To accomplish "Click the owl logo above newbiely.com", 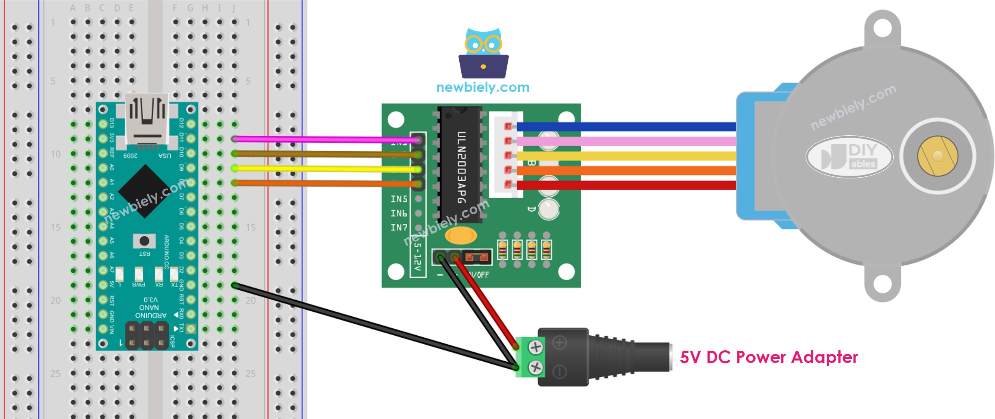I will (x=483, y=53).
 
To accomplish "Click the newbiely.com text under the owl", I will (x=483, y=87).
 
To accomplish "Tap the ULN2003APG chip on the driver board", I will (x=461, y=165).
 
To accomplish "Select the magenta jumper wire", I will (x=325, y=139).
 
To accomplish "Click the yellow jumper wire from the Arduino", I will (x=325, y=169).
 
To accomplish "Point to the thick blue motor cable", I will (x=626, y=126).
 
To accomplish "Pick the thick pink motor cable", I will (x=626, y=141).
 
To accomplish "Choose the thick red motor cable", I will (x=626, y=185).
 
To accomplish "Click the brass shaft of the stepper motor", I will (x=937, y=156).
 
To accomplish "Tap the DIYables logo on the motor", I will (x=849, y=156).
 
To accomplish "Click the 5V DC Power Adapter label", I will (x=769, y=357).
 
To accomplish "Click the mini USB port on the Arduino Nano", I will (x=147, y=118).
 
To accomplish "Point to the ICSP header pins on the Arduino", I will (x=147, y=335).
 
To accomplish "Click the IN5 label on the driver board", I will (x=399, y=199).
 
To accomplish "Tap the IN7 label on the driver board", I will (x=399, y=228).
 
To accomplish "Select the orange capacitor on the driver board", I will (x=461, y=235).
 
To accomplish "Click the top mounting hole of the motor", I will (x=882, y=28).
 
